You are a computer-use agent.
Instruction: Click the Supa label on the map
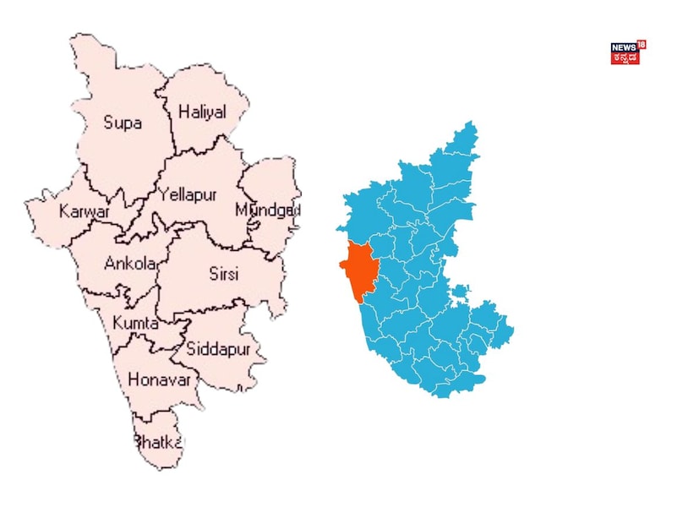pyautogui.click(x=123, y=123)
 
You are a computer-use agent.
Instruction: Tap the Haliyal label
pyautogui.click(x=202, y=112)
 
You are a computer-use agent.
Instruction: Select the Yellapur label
pyautogui.click(x=188, y=194)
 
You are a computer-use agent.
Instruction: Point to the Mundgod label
pyautogui.click(x=267, y=209)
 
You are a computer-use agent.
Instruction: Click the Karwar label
pyautogui.click(x=84, y=211)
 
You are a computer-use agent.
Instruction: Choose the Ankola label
pyautogui.click(x=130, y=264)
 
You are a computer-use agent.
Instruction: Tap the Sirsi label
pyautogui.click(x=225, y=274)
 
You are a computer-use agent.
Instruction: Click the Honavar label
pyautogui.click(x=161, y=379)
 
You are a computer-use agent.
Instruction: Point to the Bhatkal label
pyautogui.click(x=158, y=441)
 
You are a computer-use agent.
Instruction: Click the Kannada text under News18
pyautogui.click(x=625, y=58)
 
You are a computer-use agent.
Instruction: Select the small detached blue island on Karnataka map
pyautogui.click(x=459, y=293)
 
